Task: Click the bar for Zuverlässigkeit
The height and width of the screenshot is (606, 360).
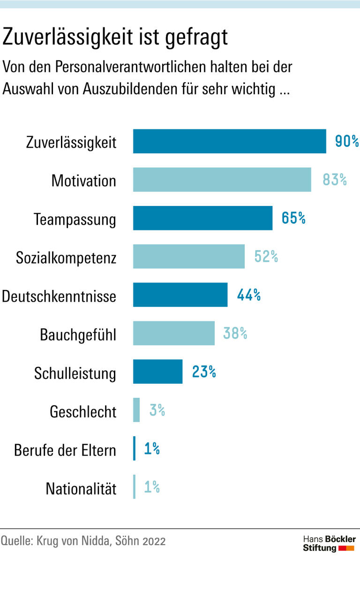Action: [x=229, y=141]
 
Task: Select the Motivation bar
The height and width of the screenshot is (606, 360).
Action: [x=222, y=180]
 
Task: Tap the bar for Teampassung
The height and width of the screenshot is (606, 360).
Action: [x=202, y=218]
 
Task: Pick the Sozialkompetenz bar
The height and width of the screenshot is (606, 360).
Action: [x=188, y=257]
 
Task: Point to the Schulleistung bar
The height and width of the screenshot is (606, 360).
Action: [x=157, y=372]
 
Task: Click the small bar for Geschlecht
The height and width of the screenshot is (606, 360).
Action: [x=136, y=410]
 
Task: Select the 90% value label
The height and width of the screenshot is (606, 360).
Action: [x=347, y=141]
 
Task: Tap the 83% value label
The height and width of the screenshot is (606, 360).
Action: [x=335, y=180]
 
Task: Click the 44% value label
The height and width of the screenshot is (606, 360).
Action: [x=248, y=295]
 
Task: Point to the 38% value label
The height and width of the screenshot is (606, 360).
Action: [x=235, y=333]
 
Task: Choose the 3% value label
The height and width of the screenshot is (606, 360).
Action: [x=157, y=410]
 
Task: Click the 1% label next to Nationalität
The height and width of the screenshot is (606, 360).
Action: [x=152, y=487]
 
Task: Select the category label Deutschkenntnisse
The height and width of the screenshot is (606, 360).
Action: [x=59, y=296]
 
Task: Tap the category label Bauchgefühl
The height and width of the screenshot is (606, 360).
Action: [x=78, y=335]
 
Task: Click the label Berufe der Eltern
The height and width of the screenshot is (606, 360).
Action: [x=65, y=450]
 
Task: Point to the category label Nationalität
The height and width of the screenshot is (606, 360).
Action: [x=81, y=489]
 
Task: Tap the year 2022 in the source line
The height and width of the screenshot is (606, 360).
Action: [x=154, y=541]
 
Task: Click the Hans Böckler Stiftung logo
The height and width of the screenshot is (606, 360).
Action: [x=329, y=543]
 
